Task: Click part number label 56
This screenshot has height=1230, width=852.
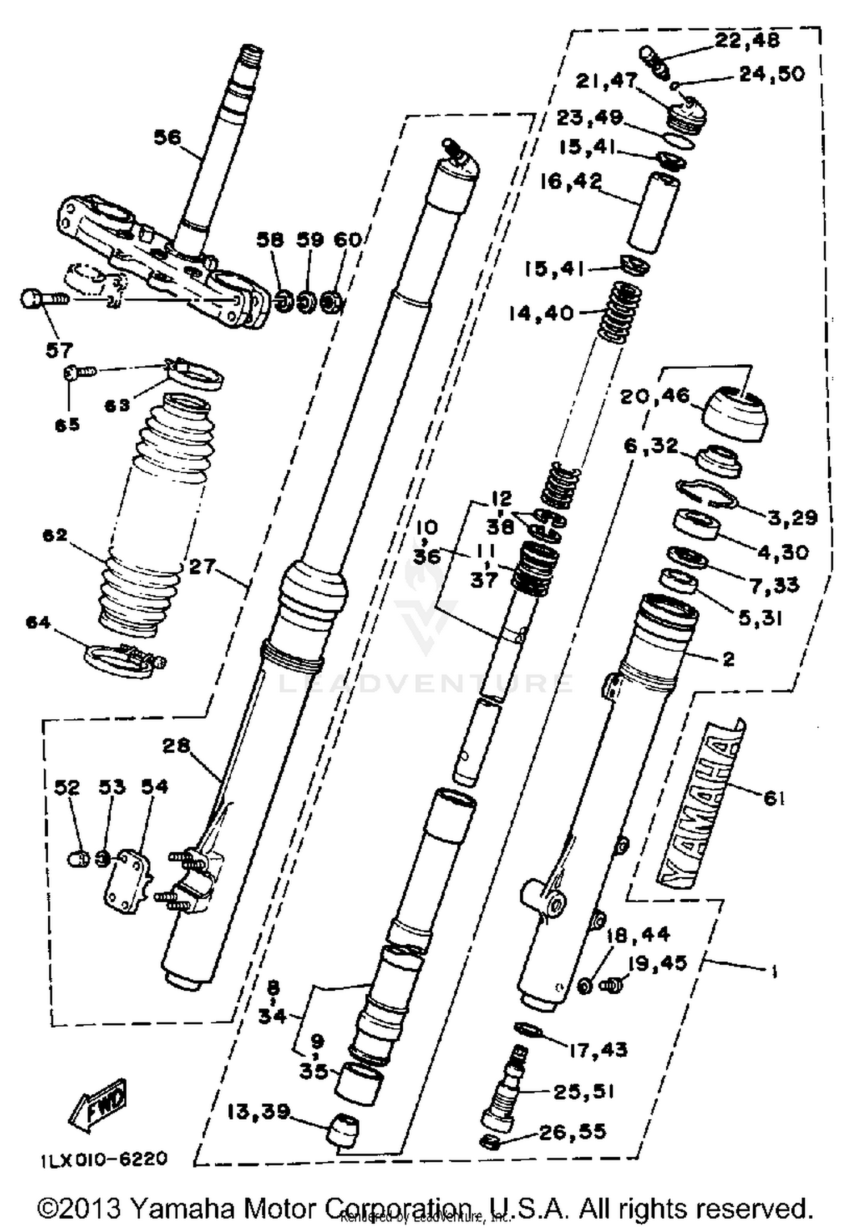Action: click(167, 137)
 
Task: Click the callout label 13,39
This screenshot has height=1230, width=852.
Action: click(258, 1111)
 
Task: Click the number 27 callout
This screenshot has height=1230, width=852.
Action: click(203, 566)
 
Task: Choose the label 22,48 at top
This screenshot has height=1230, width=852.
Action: click(746, 41)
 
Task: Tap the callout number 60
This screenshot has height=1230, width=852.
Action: click(347, 240)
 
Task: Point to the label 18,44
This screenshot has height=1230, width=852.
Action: click(638, 935)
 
